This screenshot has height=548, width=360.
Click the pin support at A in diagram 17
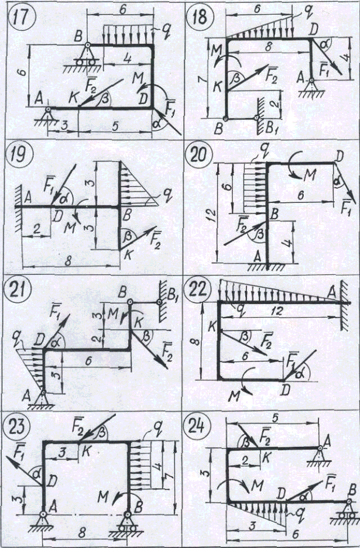pos(50,113)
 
